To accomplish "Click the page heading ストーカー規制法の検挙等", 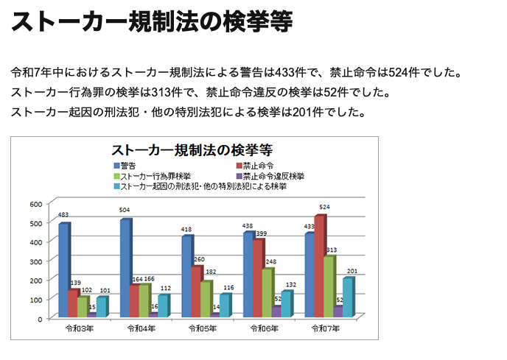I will [152, 23].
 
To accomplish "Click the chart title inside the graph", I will [192, 149].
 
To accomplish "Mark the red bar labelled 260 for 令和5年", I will [195, 291].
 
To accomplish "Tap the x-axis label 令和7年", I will [326, 328].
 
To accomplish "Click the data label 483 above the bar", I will [63, 215].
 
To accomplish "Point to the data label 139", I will [74, 283].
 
